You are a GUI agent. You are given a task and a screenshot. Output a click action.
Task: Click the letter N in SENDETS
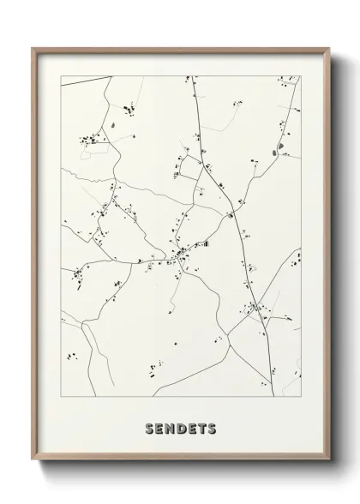click(168, 427)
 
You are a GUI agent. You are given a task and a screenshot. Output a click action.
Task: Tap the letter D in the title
click(180, 427)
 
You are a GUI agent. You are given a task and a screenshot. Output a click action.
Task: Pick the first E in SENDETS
click(157, 427)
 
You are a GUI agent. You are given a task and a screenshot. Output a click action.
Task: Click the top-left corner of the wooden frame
click(33, 48)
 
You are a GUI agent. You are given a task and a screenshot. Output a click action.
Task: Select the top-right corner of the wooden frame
click(328, 48)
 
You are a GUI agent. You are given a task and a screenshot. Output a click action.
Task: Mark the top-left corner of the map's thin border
click(61, 76)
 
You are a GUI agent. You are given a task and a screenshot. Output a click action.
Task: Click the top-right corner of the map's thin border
click(301, 76)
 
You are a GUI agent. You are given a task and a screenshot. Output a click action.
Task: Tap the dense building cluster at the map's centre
click(183, 254)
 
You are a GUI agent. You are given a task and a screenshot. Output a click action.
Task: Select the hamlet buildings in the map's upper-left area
click(90, 139)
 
